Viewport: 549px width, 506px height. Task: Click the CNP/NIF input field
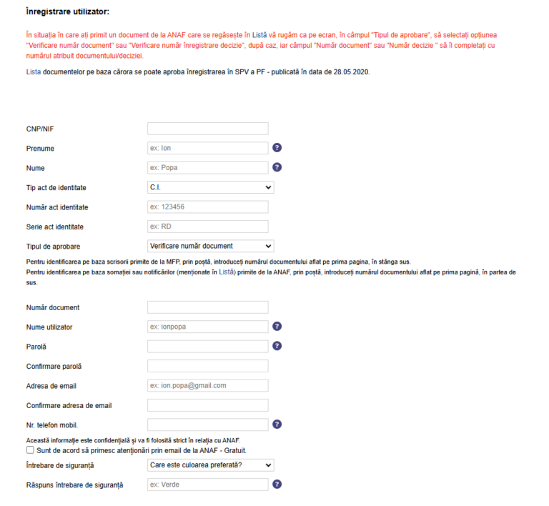tap(207, 129)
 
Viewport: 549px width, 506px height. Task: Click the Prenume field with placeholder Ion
tap(207, 148)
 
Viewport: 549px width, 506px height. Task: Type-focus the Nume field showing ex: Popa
tap(207, 168)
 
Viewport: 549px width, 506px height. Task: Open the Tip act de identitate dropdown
tap(211, 187)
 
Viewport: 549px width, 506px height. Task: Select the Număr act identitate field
tap(207, 207)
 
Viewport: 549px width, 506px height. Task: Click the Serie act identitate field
tap(207, 227)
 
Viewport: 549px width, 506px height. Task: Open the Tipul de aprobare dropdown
tap(211, 246)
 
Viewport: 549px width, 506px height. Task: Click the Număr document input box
tap(207, 307)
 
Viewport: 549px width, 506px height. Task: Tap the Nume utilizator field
tap(207, 327)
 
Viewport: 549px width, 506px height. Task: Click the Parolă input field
tap(207, 347)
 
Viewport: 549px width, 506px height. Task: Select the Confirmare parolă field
tap(207, 366)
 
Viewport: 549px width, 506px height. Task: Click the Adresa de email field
tap(207, 386)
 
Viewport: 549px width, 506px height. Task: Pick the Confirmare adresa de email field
tap(207, 405)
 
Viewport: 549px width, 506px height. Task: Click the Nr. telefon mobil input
tap(207, 425)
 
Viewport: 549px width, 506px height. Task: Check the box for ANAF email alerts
tap(30, 451)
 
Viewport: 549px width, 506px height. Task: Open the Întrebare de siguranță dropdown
tap(211, 465)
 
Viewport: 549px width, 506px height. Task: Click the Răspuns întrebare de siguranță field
tap(207, 485)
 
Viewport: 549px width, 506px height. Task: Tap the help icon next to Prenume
tap(277, 148)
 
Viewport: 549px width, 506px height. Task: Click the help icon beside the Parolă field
tap(277, 346)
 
